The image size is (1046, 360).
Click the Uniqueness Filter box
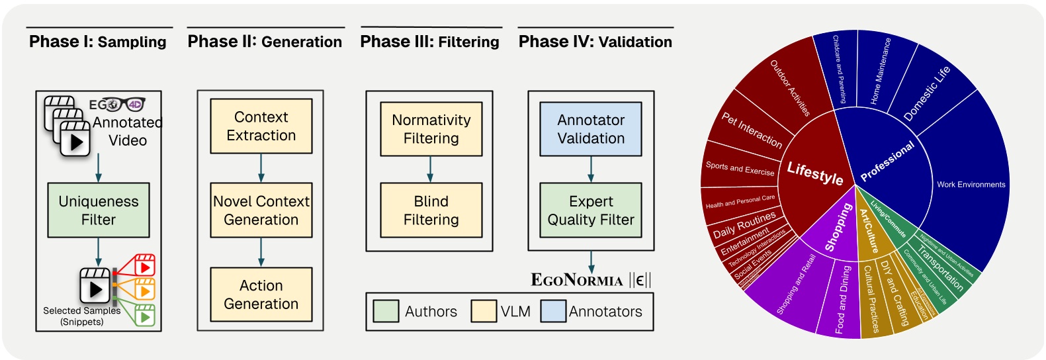click(x=99, y=210)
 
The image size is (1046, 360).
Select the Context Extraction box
click(x=261, y=126)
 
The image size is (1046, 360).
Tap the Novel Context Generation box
click(x=261, y=210)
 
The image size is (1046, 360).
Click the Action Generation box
click(x=261, y=294)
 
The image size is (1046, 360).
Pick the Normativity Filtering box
click(x=431, y=129)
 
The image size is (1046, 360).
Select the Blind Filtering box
click(x=431, y=210)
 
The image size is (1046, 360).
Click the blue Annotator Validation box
click(x=590, y=129)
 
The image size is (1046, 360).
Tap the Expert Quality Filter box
click(x=590, y=210)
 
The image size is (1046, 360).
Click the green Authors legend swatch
click(x=386, y=311)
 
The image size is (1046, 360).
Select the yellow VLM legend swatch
click(x=484, y=311)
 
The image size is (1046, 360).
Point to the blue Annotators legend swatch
click(x=553, y=311)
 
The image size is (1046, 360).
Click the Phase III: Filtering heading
click(x=429, y=42)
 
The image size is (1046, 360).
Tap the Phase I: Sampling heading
click(x=98, y=42)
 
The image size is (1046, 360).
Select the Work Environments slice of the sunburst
click(x=970, y=185)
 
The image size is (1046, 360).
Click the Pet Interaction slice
click(x=752, y=130)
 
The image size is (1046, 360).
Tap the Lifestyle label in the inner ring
click(x=814, y=173)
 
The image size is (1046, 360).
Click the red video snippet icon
click(x=144, y=265)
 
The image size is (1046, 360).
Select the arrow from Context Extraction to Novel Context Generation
click(x=261, y=168)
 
